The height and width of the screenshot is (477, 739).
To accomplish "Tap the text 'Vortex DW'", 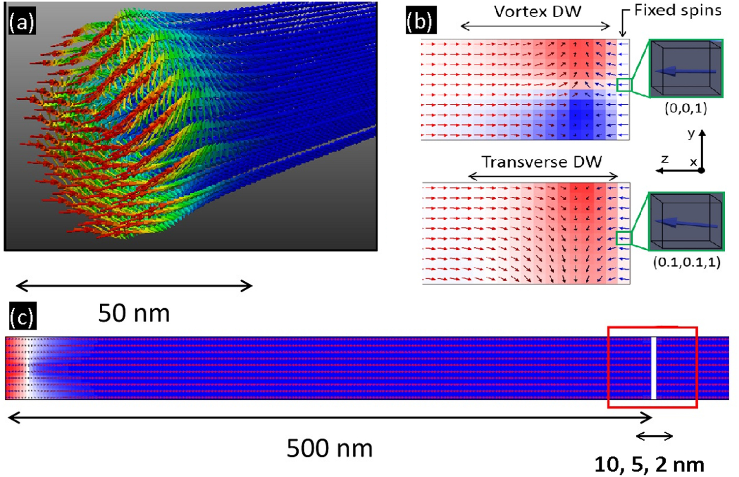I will (538, 12).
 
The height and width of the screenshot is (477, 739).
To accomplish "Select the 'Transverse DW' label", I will (541, 162).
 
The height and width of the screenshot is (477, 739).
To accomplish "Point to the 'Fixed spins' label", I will (678, 10).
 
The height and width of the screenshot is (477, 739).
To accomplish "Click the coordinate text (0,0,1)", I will (686, 108).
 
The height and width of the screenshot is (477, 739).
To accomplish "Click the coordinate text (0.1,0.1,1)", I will (686, 262).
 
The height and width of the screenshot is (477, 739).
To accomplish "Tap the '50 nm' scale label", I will (134, 313).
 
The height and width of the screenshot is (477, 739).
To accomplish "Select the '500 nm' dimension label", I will (329, 448).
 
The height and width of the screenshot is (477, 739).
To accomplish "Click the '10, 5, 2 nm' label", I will (649, 464).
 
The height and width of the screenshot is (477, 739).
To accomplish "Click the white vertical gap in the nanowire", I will (654, 368).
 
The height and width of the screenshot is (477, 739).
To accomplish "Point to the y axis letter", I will (691, 134).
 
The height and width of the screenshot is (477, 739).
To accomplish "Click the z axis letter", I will (665, 159).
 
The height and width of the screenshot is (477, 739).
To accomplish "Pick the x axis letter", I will (693, 162).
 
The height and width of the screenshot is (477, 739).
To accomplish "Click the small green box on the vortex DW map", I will (623, 85).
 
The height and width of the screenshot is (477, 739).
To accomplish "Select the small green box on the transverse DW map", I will (623, 238).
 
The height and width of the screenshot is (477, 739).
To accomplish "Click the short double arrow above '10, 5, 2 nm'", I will (654, 436).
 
